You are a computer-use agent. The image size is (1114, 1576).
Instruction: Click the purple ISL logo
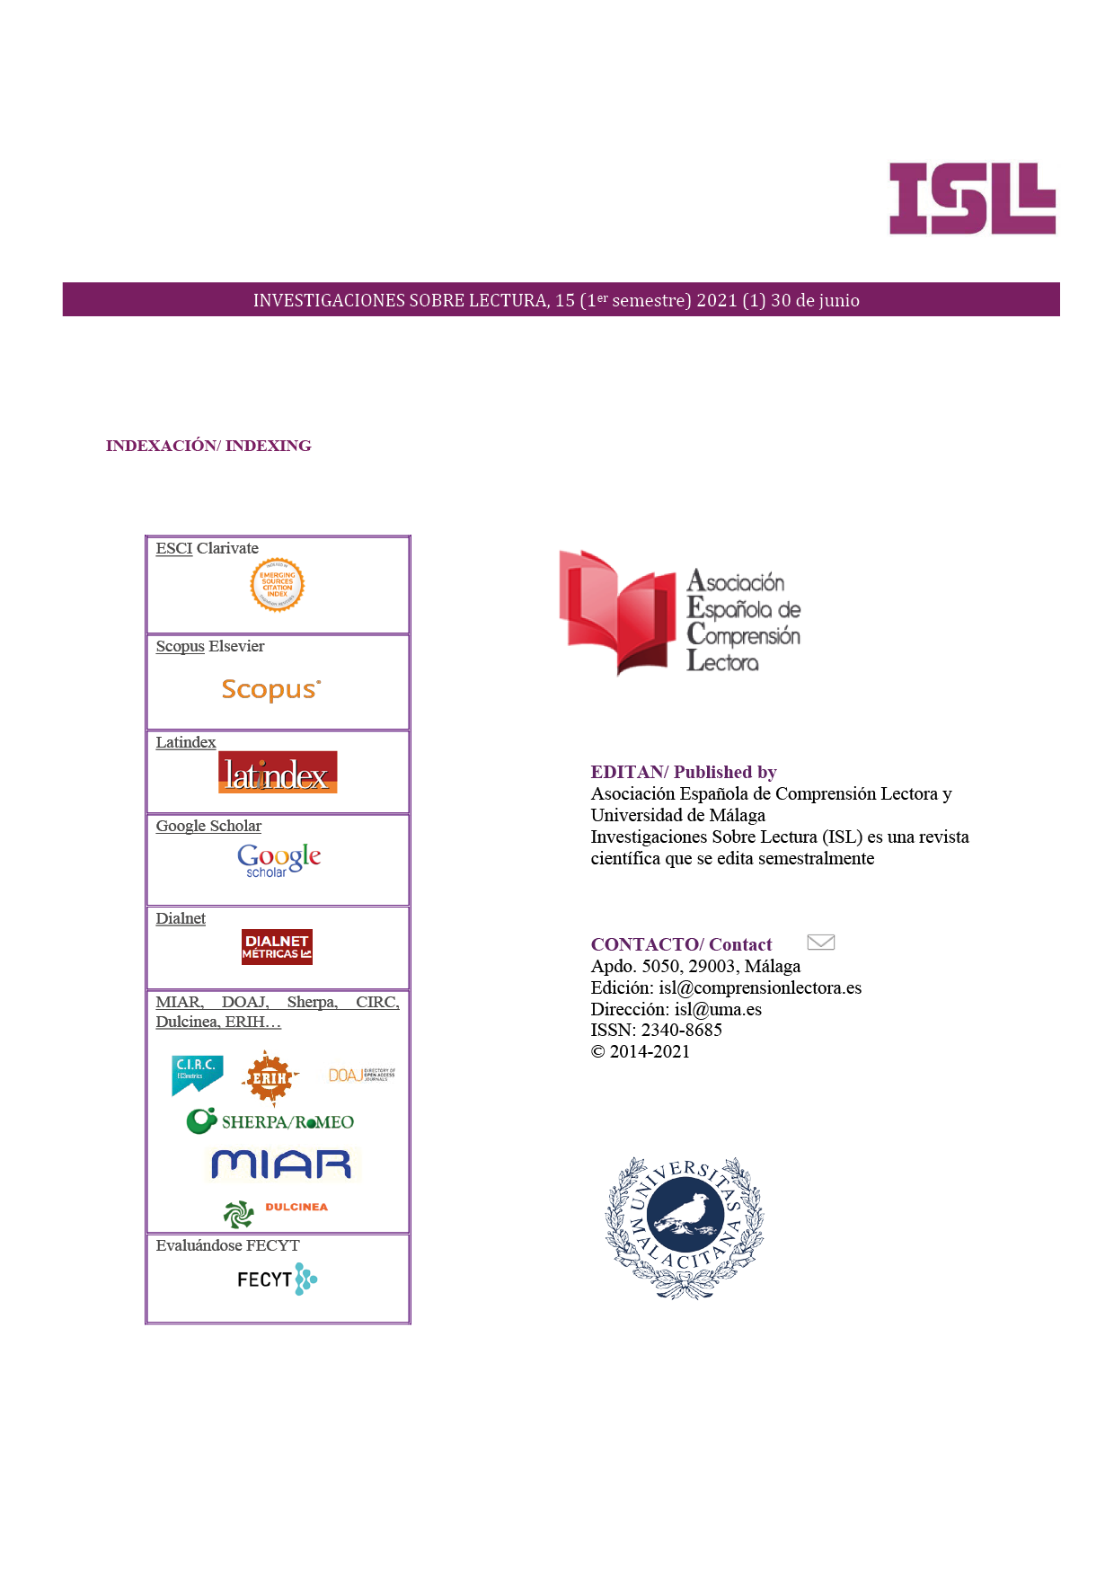pyautogui.click(x=972, y=199)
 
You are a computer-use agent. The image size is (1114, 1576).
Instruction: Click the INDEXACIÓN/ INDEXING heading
pyautogui.click(x=208, y=446)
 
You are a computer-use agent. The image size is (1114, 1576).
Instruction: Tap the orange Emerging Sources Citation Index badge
pyautogui.click(x=277, y=585)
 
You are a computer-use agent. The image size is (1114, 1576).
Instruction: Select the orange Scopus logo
pyautogui.click(x=270, y=689)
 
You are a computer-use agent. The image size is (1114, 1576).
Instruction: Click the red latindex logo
pyautogui.click(x=278, y=773)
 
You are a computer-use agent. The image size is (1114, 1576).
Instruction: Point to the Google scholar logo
pyautogui.click(x=278, y=860)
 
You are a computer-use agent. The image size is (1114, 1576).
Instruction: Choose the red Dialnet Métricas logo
pyautogui.click(x=277, y=947)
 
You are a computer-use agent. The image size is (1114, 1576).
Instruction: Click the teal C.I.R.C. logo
pyautogui.click(x=197, y=1075)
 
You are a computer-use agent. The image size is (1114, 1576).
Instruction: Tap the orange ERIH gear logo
pyautogui.click(x=269, y=1077)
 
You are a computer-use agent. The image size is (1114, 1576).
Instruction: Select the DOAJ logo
pyautogui.click(x=361, y=1075)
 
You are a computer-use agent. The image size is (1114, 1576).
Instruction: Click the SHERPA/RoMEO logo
pyautogui.click(x=270, y=1121)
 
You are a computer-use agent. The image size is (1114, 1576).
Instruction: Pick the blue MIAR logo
pyautogui.click(x=281, y=1164)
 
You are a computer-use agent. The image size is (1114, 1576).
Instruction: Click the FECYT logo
pyautogui.click(x=277, y=1279)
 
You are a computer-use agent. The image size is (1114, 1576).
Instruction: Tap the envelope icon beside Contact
pyautogui.click(x=820, y=942)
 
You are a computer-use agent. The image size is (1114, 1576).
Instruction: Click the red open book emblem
pyautogui.click(x=617, y=611)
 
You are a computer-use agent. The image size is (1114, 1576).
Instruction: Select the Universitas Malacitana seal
pyautogui.click(x=685, y=1226)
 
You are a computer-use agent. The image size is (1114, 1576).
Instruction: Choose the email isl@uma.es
pyautogui.click(x=718, y=1009)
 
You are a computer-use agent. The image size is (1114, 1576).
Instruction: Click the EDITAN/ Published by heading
pyautogui.click(x=683, y=772)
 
